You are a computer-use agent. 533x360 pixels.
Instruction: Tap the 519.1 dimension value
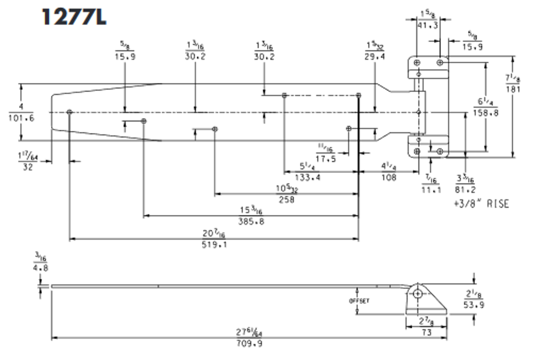pyautogui.click(x=215, y=245)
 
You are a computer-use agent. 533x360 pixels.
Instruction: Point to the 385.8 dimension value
pyautogui.click(x=251, y=222)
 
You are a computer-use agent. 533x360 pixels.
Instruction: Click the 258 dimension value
pyautogui.click(x=286, y=200)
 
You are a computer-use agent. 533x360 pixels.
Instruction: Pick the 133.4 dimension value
pyautogui.click(x=307, y=177)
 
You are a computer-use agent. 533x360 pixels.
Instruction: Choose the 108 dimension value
pyautogui.click(x=389, y=177)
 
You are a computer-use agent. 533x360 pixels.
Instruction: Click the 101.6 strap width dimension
pyautogui.click(x=21, y=118)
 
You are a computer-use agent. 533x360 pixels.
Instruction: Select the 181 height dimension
pyautogui.click(x=513, y=88)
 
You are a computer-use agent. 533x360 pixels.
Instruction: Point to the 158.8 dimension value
pyautogui.click(x=486, y=112)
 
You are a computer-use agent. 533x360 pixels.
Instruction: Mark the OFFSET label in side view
pyautogui.click(x=359, y=300)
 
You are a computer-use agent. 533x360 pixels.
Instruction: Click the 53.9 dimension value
pyautogui.click(x=473, y=305)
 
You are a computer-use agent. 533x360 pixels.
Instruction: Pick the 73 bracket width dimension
pyautogui.click(x=426, y=332)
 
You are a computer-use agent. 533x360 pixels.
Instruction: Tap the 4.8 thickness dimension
pyautogui.click(x=40, y=267)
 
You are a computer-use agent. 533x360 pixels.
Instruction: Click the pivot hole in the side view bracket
pyautogui.click(x=417, y=294)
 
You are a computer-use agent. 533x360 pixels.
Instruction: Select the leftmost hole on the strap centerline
pyautogui.click(x=70, y=112)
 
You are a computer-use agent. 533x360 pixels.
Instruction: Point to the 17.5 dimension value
pyautogui.click(x=326, y=158)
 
